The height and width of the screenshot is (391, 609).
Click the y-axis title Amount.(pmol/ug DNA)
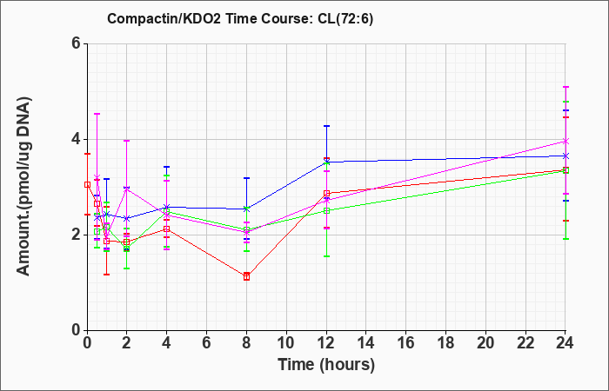[x=24, y=186]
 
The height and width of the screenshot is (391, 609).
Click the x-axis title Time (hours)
[x=326, y=365]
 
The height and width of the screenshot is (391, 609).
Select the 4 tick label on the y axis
[x=76, y=139]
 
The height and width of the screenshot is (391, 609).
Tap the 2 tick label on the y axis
[x=76, y=235]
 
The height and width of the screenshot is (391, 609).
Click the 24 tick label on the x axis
[x=565, y=343]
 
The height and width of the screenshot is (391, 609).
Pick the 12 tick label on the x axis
[x=326, y=343]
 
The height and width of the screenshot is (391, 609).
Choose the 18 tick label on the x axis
[x=445, y=343]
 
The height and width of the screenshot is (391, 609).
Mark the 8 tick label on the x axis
[x=246, y=343]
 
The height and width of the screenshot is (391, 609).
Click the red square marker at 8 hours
[x=246, y=276]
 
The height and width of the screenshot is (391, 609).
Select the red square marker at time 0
[x=87, y=184]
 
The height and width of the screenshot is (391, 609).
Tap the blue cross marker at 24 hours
[x=565, y=156]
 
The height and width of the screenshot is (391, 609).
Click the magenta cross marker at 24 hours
[x=565, y=141]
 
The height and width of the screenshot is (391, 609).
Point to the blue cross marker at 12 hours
[x=326, y=162]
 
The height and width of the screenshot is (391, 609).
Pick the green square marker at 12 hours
[x=326, y=210]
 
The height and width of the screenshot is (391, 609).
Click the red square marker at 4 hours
[x=167, y=229]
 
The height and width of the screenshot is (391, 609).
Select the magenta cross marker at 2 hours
[x=127, y=189]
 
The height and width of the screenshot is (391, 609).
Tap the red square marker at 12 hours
[x=326, y=193]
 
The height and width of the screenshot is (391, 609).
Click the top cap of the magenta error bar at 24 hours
[x=565, y=87]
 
